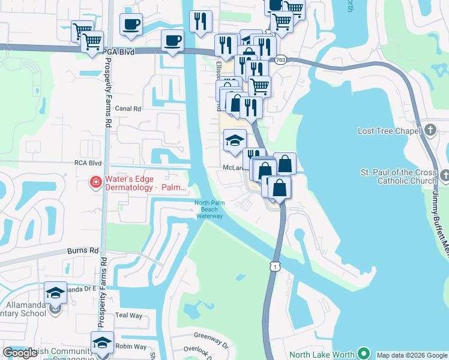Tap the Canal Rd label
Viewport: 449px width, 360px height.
click(x=128, y=109)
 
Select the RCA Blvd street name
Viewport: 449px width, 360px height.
click(x=88, y=163)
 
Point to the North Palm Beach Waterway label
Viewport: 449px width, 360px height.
click(x=209, y=209)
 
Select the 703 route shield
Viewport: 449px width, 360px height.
click(x=280, y=60)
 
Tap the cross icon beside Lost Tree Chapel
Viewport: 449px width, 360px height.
click(x=430, y=130)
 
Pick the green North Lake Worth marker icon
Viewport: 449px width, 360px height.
click(x=363, y=354)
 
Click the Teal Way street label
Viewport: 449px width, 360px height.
click(x=128, y=315)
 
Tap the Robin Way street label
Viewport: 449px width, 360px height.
click(x=131, y=346)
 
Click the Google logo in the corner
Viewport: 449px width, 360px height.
click(x=20, y=353)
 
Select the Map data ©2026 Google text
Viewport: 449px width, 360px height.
click(x=411, y=355)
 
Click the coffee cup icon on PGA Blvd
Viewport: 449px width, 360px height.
click(x=172, y=41)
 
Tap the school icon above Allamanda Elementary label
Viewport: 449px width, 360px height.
click(x=55, y=292)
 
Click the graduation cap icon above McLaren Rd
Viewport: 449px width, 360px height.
click(x=234, y=140)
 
